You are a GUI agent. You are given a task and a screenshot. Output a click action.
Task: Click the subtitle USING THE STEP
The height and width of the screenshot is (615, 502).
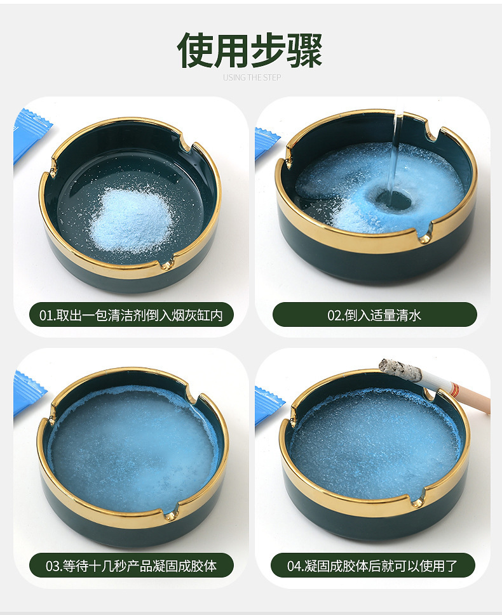click(x=251, y=77)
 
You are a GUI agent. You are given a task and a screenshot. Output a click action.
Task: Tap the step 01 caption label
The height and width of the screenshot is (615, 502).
click(x=132, y=315)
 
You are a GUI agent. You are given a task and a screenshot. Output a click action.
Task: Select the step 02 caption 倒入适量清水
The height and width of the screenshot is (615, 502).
click(x=374, y=315)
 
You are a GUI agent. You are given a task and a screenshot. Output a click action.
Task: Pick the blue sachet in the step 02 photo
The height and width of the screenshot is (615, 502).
click(x=265, y=143)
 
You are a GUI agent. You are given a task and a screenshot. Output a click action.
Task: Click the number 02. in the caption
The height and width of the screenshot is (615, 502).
click(x=336, y=315)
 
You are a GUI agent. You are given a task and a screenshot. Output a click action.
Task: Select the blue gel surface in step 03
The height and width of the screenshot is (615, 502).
click(x=133, y=444)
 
